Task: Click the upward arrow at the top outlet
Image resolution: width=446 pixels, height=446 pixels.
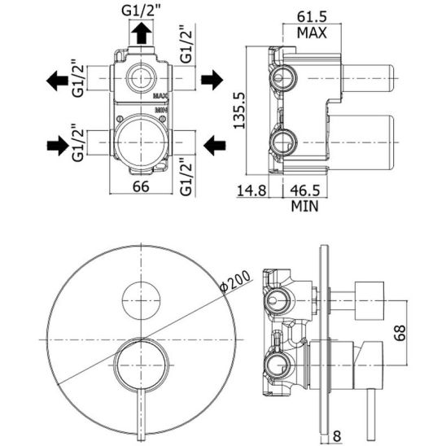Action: coord(142,33)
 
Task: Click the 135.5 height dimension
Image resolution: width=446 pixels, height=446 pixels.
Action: coord(238,110)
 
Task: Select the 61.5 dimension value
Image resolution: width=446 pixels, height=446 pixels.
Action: coord(312,17)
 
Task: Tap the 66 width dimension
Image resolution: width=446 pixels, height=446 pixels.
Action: coord(141,186)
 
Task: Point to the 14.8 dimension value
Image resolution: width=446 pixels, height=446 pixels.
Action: coord(251,190)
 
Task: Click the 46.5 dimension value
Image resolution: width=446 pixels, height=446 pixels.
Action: coord(305,190)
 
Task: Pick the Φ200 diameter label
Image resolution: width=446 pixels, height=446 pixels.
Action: coord(236,282)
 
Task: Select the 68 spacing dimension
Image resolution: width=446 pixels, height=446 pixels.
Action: coord(400,333)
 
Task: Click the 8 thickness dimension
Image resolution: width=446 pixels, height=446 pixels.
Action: coord(336,436)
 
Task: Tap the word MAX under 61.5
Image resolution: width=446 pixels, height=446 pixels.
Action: coord(312,33)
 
